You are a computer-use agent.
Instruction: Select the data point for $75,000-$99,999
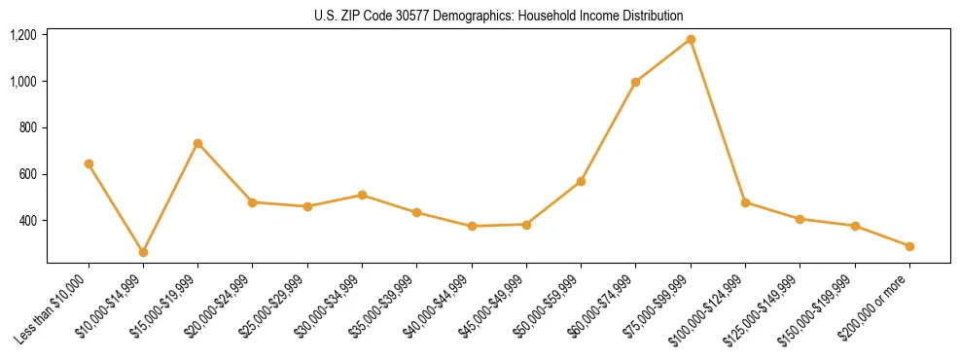(x=691, y=39)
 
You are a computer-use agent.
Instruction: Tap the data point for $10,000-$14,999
(x=143, y=252)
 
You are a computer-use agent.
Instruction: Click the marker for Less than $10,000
(x=89, y=163)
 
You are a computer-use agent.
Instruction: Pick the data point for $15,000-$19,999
(x=197, y=143)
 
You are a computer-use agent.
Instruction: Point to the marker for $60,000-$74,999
(x=635, y=82)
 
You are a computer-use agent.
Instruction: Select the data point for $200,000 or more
(x=909, y=246)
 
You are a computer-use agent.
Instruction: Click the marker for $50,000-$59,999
(x=581, y=181)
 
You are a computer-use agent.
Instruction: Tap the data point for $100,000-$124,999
(x=745, y=202)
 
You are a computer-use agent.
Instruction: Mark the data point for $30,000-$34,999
(x=362, y=195)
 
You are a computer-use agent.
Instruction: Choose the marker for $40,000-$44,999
(x=472, y=226)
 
